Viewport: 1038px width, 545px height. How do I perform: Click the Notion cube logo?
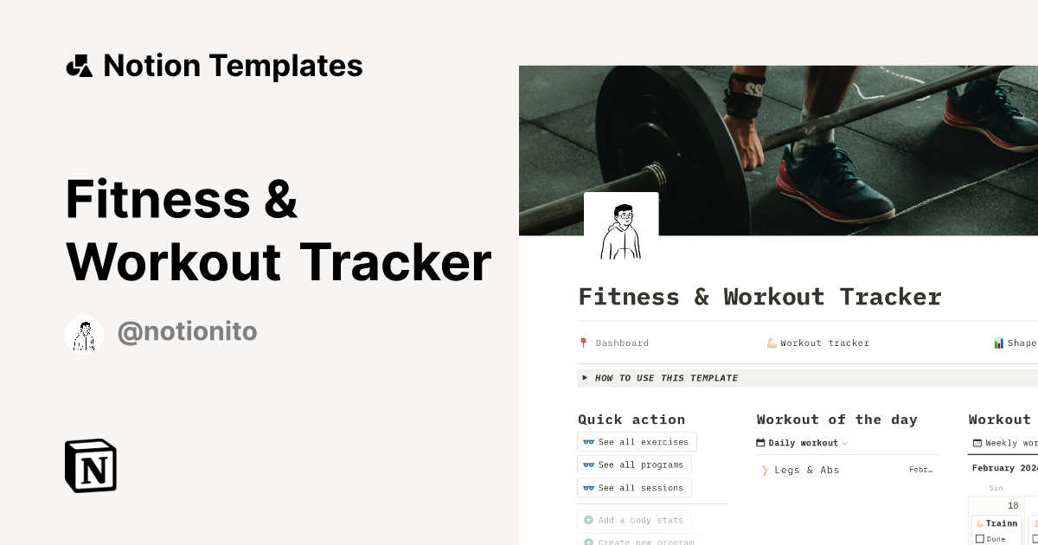(91, 465)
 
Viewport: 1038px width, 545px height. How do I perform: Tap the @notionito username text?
(187, 332)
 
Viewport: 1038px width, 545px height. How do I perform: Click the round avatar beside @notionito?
(85, 335)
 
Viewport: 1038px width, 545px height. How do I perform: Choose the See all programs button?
(634, 465)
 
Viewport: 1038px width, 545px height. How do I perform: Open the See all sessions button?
(634, 488)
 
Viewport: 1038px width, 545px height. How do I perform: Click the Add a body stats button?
(634, 520)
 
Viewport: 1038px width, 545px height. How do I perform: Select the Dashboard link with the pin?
(621, 343)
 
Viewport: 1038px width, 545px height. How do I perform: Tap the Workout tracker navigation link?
(823, 343)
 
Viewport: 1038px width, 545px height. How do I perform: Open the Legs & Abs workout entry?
(806, 471)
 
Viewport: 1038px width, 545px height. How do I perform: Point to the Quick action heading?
(631, 420)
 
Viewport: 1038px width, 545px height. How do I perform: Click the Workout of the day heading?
(836, 420)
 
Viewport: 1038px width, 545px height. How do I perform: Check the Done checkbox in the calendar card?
(980, 539)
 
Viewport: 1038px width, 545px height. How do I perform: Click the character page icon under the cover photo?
(621, 230)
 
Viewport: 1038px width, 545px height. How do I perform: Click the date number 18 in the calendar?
(1013, 505)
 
